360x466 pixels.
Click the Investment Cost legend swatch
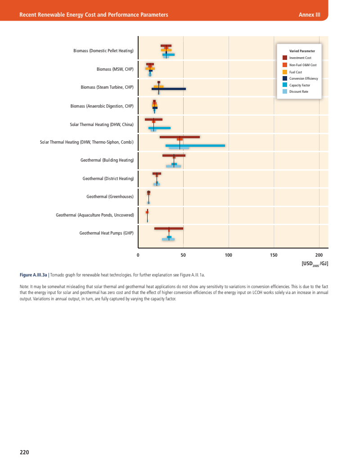(285, 58)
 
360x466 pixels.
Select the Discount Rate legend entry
(298, 92)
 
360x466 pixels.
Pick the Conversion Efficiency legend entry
(303, 78)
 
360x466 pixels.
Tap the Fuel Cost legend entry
(295, 72)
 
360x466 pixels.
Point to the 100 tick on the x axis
(228, 255)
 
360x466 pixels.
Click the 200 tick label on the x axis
(319, 255)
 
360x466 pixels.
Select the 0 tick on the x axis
(138, 255)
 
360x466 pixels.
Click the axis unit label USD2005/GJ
(315, 263)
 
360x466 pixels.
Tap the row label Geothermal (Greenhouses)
(110, 196)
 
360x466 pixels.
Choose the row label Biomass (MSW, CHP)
(115, 69)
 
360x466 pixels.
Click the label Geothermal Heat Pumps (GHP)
(107, 233)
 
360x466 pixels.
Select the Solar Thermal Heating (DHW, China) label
(102, 124)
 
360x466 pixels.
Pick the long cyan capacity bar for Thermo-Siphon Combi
(195, 145)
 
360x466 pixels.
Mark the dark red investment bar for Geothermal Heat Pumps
(169, 228)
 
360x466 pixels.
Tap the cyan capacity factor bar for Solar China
(159, 128)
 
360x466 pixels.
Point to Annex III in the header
(309, 14)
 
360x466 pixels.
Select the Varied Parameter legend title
(302, 51)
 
